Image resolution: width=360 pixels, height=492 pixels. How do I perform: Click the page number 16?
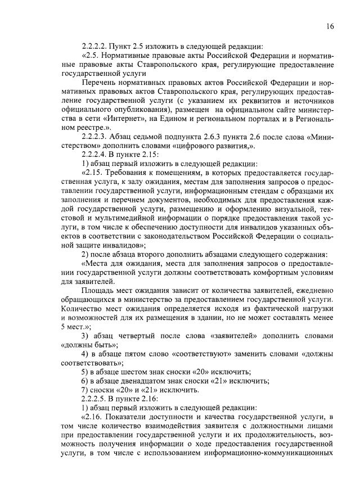click(x=330, y=26)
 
